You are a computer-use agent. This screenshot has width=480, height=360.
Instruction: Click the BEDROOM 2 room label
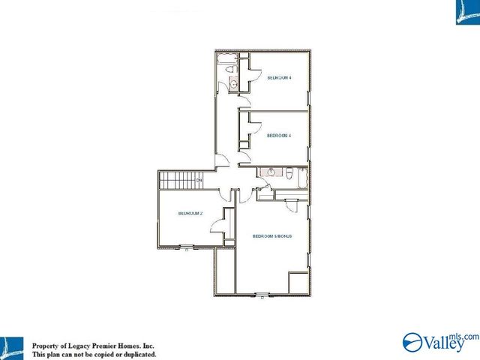pos(190,214)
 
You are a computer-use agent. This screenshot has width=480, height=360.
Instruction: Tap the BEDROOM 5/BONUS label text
pos(271,236)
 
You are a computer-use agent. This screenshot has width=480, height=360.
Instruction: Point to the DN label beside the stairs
pos(199,181)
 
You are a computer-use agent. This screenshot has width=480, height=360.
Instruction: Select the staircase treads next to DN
pos(176,181)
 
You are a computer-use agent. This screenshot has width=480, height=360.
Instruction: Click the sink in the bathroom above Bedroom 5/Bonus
pos(271,173)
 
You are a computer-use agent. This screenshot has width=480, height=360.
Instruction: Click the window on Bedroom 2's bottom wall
pos(186,247)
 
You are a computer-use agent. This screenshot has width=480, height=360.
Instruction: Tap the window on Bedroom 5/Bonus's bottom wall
pos(261,293)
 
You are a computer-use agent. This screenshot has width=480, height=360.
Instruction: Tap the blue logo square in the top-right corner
pos(467,12)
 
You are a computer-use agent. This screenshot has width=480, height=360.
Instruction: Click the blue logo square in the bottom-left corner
pos(12,347)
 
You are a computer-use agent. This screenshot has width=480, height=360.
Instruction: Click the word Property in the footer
pos(46,346)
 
